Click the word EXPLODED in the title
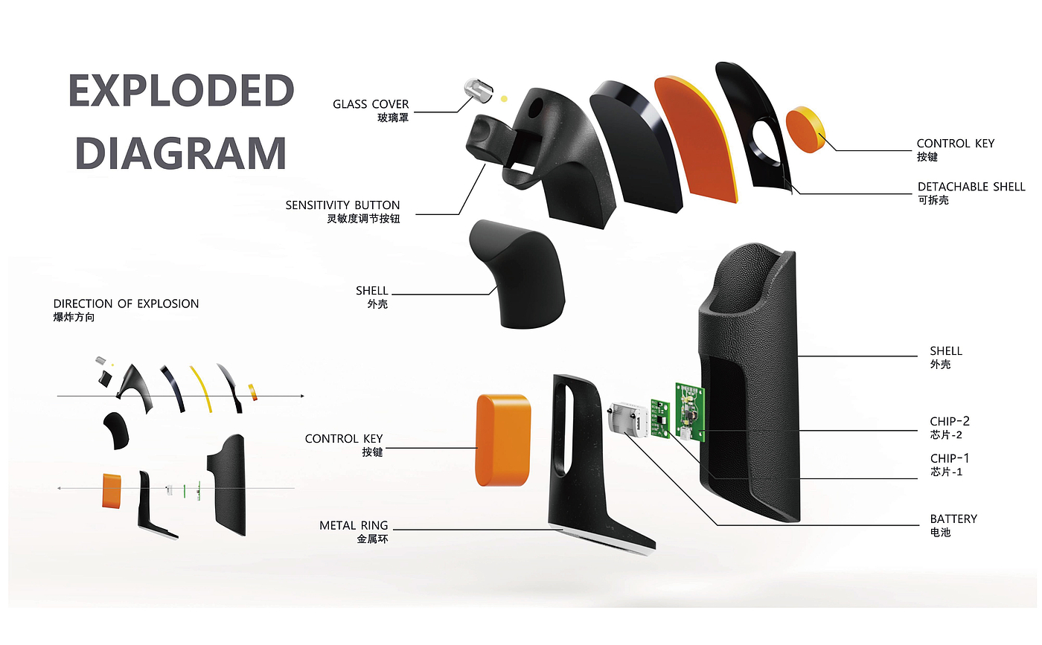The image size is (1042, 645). click(181, 90)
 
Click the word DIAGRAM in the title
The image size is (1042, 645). click(181, 153)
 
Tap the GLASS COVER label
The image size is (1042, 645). click(371, 104)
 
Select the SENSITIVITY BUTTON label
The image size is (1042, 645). click(342, 205)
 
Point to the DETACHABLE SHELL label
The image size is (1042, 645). click(971, 187)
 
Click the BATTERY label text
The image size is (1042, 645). click(953, 519)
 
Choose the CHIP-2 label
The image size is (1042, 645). click(949, 422)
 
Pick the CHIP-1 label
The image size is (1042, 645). click(949, 458)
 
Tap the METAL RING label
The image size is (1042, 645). click(354, 526)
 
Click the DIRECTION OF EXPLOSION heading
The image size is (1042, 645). click(126, 304)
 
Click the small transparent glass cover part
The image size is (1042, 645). click(476, 92)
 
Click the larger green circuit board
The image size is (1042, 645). click(691, 412)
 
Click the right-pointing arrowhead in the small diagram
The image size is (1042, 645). click(301, 396)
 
